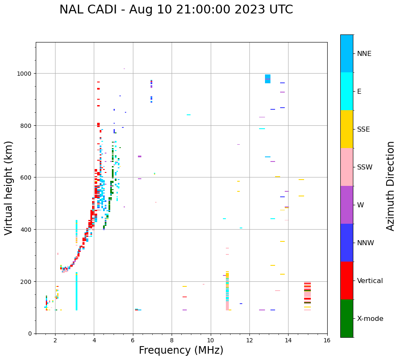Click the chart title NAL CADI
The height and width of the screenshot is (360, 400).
point(176,10)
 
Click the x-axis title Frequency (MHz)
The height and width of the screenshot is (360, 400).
point(181,350)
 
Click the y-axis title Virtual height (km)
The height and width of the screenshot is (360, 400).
point(9,188)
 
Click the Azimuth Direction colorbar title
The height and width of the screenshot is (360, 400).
point(391,186)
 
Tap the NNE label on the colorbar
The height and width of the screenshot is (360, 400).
point(364,54)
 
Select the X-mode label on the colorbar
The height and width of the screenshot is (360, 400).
point(370,319)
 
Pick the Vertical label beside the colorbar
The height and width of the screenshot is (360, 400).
point(370,281)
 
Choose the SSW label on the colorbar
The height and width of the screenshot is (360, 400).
point(365,167)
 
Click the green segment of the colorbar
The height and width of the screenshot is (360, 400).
point(347,318)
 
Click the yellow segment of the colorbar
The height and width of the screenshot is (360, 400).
point(347,129)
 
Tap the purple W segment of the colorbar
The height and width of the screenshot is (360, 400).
point(347,205)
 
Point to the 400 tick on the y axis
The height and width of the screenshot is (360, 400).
point(28,230)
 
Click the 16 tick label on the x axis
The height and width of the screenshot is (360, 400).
point(327,340)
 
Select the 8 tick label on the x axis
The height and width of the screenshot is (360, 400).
point(172,340)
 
